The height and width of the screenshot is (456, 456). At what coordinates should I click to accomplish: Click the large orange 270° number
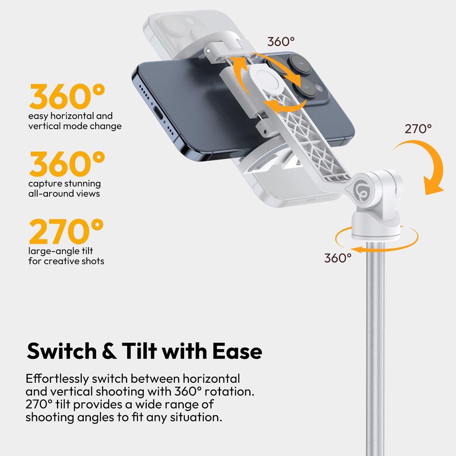(x=66, y=231)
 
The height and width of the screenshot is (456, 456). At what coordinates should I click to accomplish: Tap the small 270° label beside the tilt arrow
(x=418, y=129)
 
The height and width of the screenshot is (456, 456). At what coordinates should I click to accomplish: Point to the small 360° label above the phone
(x=281, y=41)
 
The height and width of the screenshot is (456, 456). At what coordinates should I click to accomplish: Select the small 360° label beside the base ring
(x=337, y=258)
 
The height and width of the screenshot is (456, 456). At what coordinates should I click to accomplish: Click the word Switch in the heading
(x=62, y=351)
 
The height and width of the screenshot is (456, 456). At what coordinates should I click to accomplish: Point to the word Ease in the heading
(x=237, y=351)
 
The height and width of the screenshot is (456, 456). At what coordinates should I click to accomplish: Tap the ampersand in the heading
(x=109, y=351)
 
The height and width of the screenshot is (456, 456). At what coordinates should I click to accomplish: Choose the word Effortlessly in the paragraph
(x=57, y=379)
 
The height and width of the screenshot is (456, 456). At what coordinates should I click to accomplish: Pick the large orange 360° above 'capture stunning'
(x=67, y=164)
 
